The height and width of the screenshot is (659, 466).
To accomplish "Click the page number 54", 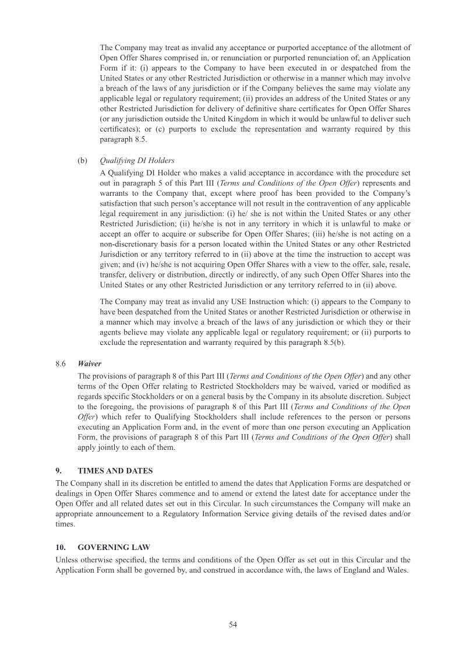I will pos(233,624).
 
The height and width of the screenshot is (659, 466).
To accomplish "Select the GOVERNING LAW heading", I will pos(114,547).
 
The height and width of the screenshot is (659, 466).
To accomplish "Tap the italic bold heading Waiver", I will pos(89,364).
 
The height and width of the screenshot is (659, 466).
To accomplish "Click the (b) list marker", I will pos(83,160).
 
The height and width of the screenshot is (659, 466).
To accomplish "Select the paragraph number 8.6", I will pos(60,364).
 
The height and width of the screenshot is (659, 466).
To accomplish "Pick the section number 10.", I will pos(61,547).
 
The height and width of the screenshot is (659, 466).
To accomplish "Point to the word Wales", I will pos(394,569).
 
